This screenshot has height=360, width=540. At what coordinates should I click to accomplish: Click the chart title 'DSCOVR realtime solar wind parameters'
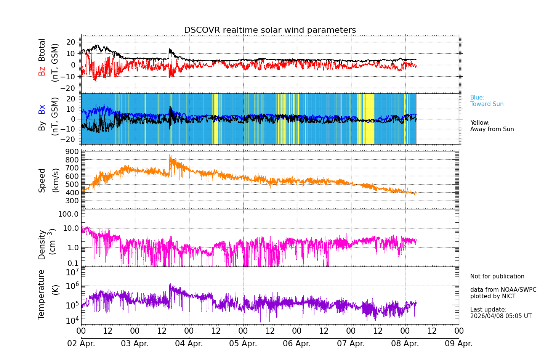coord(270,30)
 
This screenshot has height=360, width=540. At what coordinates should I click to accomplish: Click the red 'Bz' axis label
coord(42,71)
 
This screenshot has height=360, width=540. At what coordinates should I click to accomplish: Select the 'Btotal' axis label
coord(42,50)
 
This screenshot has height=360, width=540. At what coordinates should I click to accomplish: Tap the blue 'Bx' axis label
coord(42,109)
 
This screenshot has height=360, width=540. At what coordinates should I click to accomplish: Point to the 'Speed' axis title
coord(42,180)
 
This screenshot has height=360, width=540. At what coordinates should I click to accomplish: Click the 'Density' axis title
coord(42,244)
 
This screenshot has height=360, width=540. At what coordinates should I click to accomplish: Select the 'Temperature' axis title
coord(41,294)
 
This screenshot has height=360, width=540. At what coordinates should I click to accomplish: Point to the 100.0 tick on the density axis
coord(68,214)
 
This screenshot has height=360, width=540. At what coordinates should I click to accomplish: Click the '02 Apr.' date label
coord(81,344)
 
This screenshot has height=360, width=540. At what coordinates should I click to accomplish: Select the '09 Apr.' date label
coord(459,344)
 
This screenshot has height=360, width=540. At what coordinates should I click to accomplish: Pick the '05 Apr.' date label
coord(243,344)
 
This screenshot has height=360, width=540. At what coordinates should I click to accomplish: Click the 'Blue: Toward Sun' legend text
coord(487,101)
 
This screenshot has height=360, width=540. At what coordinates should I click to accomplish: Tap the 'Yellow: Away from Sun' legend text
coord(492,126)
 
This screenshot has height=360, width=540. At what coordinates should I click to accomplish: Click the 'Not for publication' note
coord(497,276)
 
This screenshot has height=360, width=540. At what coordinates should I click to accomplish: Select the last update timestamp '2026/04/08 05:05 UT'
coord(500,316)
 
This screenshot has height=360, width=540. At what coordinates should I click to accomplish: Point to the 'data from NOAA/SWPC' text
coord(503,290)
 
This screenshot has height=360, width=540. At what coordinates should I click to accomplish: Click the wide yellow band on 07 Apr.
coord(369,119)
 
